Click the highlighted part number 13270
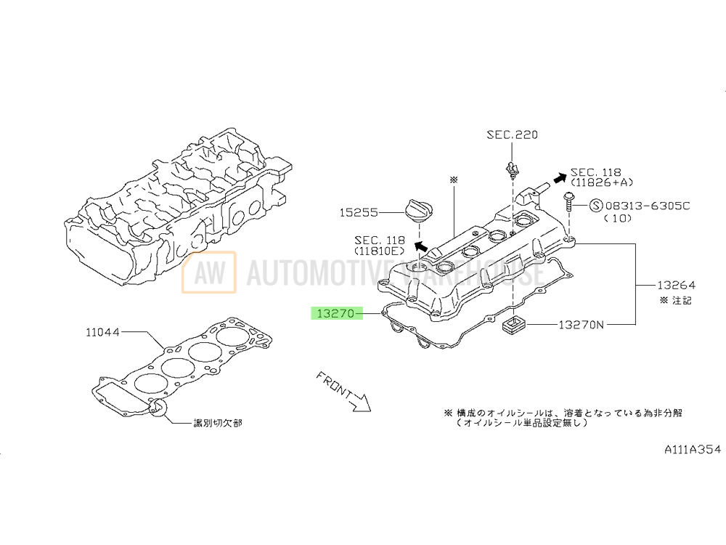[x=333, y=314]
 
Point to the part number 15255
[x=359, y=214]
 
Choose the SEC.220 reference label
[x=513, y=134]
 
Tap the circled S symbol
[x=594, y=206]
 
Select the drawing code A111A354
[x=693, y=450]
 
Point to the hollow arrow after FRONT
[x=359, y=402]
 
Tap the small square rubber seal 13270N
[x=513, y=326]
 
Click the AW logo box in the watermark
[x=209, y=273]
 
